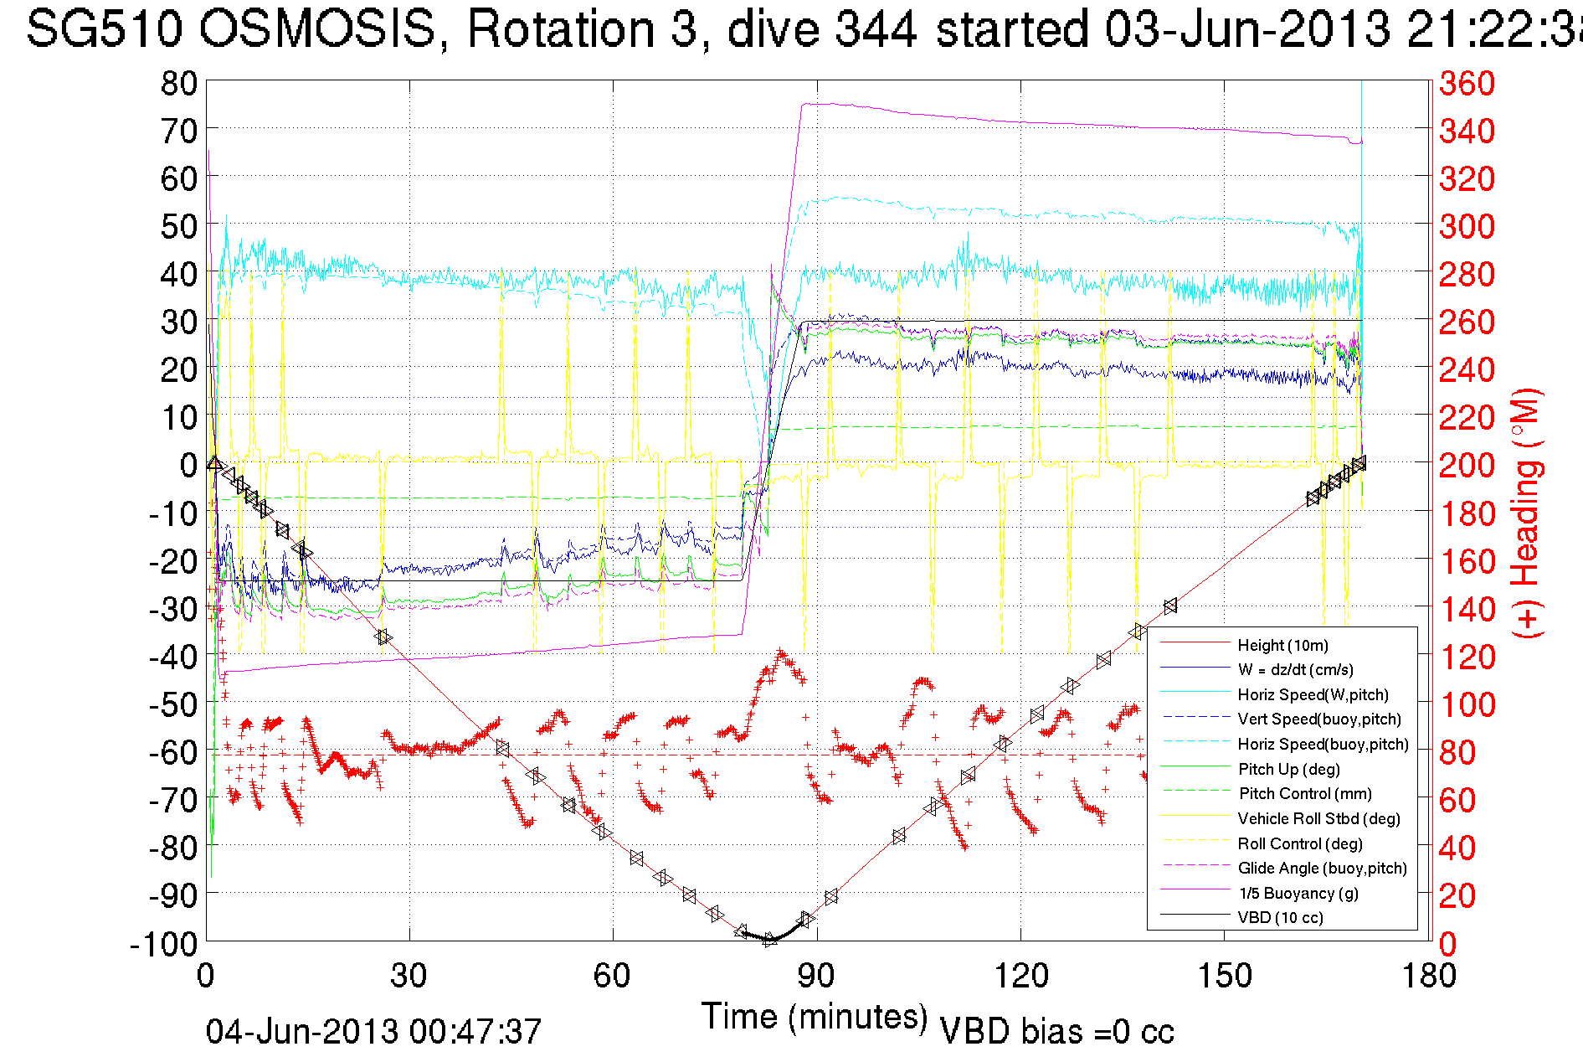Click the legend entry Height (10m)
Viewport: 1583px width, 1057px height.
tap(1282, 645)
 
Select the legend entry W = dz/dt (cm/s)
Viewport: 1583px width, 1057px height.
tap(1295, 670)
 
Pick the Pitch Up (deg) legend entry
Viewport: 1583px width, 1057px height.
tap(1288, 769)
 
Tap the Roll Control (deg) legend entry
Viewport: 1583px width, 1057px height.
tap(1299, 843)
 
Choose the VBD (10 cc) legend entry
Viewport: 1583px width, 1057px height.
tap(1280, 918)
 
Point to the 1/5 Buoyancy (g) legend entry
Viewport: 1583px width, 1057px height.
tap(1298, 893)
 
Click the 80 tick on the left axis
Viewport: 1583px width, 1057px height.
tap(178, 83)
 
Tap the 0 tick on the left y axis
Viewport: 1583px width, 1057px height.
tap(188, 464)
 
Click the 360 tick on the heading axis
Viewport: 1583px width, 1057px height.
tap(1467, 83)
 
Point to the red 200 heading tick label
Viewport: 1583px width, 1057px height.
tap(1467, 464)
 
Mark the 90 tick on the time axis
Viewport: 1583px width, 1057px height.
tap(816, 976)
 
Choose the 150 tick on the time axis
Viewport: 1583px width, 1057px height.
tap(1224, 976)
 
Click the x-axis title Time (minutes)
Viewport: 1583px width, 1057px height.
tap(815, 1017)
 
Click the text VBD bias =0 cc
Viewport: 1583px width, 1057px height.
tap(1056, 1032)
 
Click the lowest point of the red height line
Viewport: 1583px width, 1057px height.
tap(769, 940)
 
